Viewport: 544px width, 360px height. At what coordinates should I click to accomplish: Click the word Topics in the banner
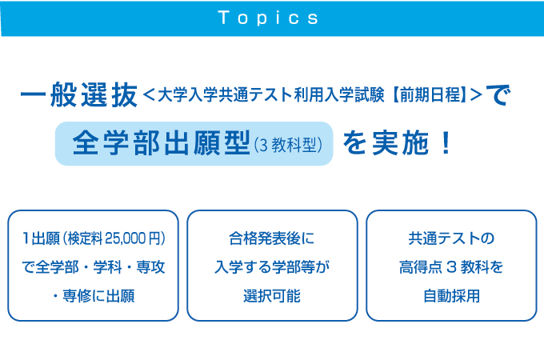point(268,18)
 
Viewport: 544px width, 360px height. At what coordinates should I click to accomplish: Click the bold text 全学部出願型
point(160,143)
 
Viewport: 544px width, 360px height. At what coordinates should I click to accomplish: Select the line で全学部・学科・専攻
point(93,266)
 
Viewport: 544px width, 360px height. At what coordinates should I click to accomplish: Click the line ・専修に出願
point(93,295)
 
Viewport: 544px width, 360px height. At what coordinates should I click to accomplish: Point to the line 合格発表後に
point(272,238)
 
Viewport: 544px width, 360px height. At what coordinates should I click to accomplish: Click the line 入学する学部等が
point(272,266)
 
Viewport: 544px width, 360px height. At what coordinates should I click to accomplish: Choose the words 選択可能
point(272,295)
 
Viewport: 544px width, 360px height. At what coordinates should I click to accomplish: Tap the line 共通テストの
point(451,238)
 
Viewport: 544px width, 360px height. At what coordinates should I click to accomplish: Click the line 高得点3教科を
point(451,266)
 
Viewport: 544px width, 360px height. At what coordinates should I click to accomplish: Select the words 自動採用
point(451,295)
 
